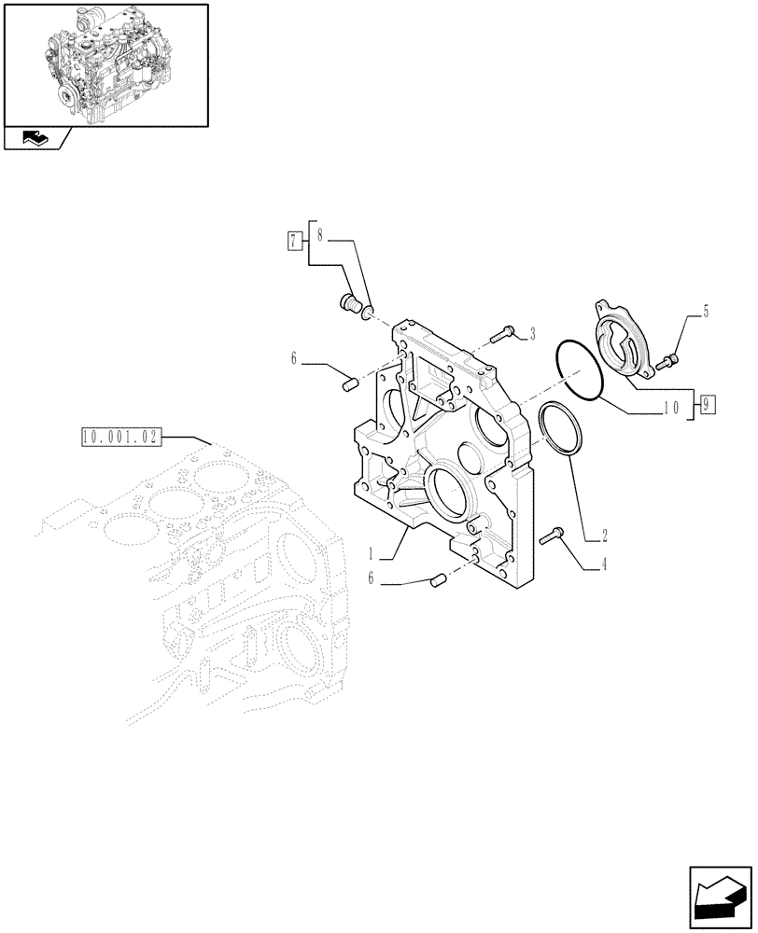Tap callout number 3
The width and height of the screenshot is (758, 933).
point(531,332)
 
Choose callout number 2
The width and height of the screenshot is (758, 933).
point(606,536)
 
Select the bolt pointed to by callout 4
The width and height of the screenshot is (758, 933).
point(551,535)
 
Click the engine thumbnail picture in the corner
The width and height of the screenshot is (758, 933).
point(105,64)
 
